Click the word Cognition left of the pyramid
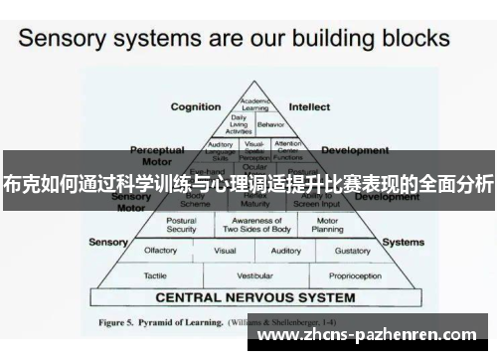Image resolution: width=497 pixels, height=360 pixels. tap(196, 106)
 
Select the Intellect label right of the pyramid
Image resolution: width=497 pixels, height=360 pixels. tap(309, 106)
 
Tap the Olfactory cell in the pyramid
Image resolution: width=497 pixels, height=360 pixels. tap(160, 251)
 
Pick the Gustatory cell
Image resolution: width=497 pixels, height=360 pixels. tap(353, 251)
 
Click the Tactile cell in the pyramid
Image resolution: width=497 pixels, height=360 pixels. tap(155, 274)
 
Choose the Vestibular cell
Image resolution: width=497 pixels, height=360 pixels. tap(254, 274)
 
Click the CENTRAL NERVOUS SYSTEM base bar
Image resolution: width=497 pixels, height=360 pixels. tap(254, 296)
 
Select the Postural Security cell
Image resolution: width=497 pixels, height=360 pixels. tap(181, 225)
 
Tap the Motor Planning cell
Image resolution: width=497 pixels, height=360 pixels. tap(327, 225)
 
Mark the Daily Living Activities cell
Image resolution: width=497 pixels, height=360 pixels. tap(239, 124)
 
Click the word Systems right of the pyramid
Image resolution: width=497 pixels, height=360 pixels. tap(404, 241)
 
